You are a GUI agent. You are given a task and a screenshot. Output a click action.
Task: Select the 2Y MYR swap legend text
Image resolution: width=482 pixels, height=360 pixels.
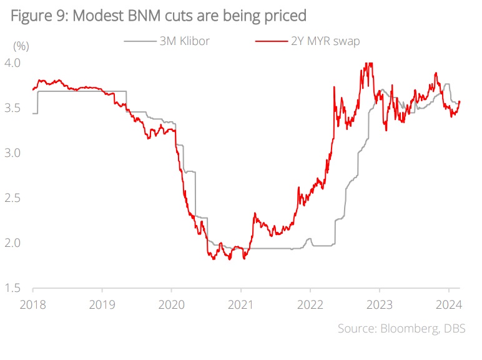(326, 41)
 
